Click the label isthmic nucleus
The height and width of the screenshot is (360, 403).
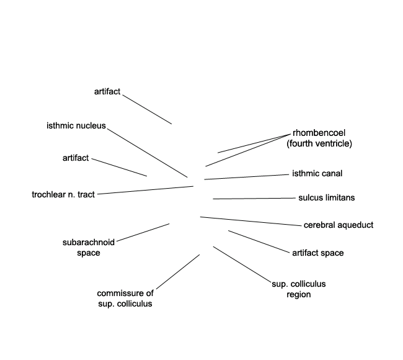(76, 126)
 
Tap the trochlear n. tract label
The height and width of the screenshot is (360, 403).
(63, 195)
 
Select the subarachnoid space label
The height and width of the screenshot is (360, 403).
(89, 247)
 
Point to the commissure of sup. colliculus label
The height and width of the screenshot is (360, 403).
(125, 299)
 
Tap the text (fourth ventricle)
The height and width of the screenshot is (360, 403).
(319, 143)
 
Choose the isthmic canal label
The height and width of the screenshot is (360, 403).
(317, 174)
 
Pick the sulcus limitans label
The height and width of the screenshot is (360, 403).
(326, 198)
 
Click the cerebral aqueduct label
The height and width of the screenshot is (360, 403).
(339, 225)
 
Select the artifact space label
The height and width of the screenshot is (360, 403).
(317, 253)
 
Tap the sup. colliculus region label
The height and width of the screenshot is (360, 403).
(299, 289)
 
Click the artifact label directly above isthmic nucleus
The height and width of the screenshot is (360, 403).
(107, 92)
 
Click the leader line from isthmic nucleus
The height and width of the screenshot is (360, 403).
(147, 152)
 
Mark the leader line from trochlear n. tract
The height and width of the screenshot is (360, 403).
(146, 190)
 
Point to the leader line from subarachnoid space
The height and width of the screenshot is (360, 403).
(143, 233)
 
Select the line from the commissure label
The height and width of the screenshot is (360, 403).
(178, 271)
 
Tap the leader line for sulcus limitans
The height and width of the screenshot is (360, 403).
(254, 199)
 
